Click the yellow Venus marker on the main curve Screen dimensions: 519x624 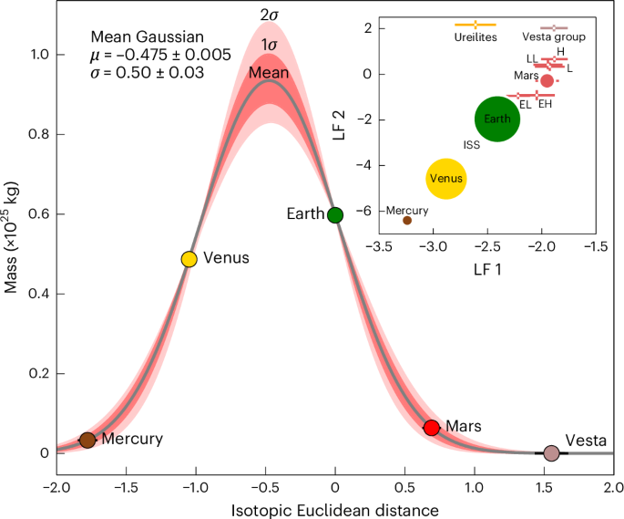click(x=189, y=259)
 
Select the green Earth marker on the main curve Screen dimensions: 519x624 click(x=334, y=215)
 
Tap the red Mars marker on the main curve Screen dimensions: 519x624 click(x=432, y=428)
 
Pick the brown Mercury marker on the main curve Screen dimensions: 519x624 click(x=87, y=440)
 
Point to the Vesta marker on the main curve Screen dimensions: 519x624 click(x=551, y=453)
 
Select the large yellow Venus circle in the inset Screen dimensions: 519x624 click(x=446, y=179)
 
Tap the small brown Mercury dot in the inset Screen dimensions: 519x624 click(x=407, y=220)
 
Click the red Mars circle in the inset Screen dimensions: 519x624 click(x=547, y=80)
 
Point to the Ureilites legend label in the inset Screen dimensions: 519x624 click(x=475, y=37)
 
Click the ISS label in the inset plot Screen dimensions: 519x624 click(x=471, y=145)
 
